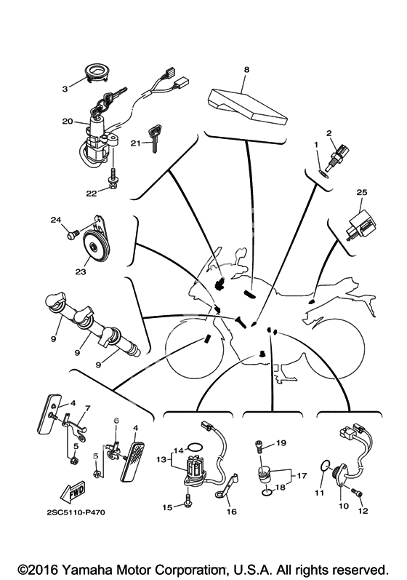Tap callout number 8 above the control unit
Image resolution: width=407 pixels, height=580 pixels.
[246, 70]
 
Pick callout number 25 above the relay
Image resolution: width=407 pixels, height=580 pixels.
[362, 192]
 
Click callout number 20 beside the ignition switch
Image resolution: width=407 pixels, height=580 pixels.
[68, 121]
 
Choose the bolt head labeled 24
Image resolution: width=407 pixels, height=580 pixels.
[73, 234]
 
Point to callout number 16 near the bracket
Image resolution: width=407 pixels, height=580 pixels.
[233, 512]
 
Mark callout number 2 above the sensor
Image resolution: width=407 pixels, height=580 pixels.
[329, 133]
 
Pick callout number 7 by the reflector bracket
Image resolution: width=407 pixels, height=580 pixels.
[87, 408]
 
